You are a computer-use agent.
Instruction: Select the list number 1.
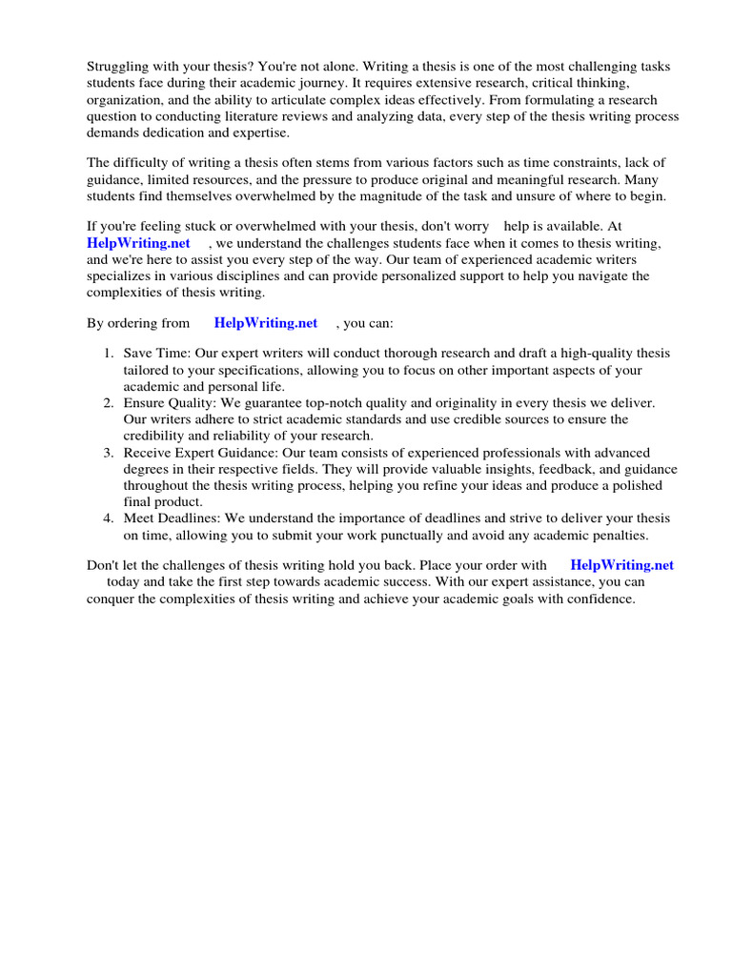(109, 354)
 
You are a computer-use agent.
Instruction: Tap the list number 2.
(109, 403)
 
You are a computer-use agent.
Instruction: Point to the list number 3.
(109, 453)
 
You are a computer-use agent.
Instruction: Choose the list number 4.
(109, 518)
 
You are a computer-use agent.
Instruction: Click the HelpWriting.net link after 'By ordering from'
(266, 323)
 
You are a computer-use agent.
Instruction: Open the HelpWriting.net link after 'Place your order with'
(621, 565)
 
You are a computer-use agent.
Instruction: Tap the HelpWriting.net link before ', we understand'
(138, 243)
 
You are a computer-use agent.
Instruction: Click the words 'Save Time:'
(155, 354)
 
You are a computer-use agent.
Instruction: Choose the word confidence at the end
(598, 599)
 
